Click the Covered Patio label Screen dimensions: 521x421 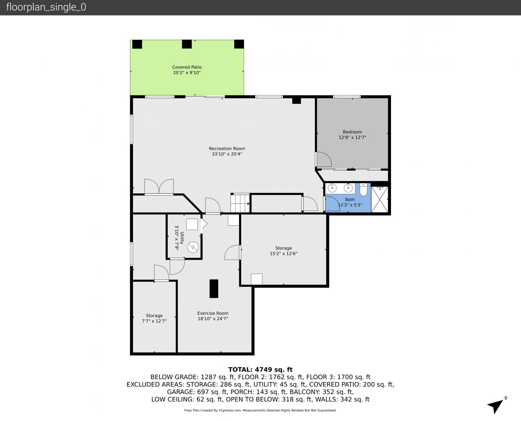tap(187, 67)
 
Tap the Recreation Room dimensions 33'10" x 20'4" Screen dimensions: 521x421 tap(227, 154)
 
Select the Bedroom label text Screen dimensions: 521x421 tap(352, 132)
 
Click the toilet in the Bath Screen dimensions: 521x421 tap(363, 190)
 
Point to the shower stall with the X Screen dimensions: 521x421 tap(380, 199)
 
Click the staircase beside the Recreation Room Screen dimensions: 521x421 tap(240, 203)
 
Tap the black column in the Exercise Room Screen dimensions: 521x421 tap(214, 288)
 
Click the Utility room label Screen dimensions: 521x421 tap(182, 238)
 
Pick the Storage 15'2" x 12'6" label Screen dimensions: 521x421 tap(283, 251)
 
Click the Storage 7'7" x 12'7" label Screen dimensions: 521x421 tap(154, 318)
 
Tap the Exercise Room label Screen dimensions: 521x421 tap(213, 313)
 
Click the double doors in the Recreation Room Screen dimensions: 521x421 tap(159, 187)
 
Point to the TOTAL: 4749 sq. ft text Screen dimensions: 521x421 tap(260, 370)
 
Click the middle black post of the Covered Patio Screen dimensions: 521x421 tap(187, 44)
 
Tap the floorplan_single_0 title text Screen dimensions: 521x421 tap(46, 7)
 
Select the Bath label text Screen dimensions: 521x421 tap(350, 200)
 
